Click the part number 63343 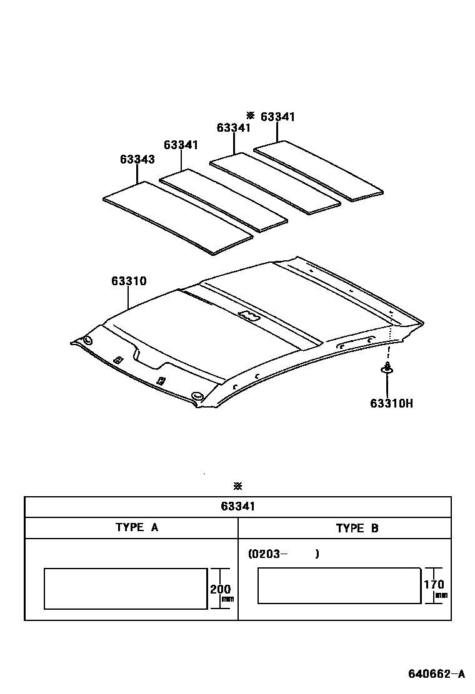(x=137, y=159)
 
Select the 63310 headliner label (x=129, y=281)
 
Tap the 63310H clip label (x=391, y=403)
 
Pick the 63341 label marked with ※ (x=277, y=117)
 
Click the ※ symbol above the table (x=237, y=486)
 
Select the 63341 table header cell (x=237, y=507)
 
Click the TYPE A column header (x=137, y=527)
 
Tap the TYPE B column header (x=357, y=528)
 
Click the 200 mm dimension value (x=220, y=589)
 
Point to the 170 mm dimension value (x=434, y=585)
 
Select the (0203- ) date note (x=283, y=554)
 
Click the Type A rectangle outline (x=125, y=589)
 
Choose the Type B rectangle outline (x=339, y=585)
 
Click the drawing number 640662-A (x=437, y=674)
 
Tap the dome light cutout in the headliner (x=249, y=316)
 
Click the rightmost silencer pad (x=320, y=169)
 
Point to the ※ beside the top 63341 (x=251, y=115)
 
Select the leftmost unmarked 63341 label (x=181, y=145)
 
